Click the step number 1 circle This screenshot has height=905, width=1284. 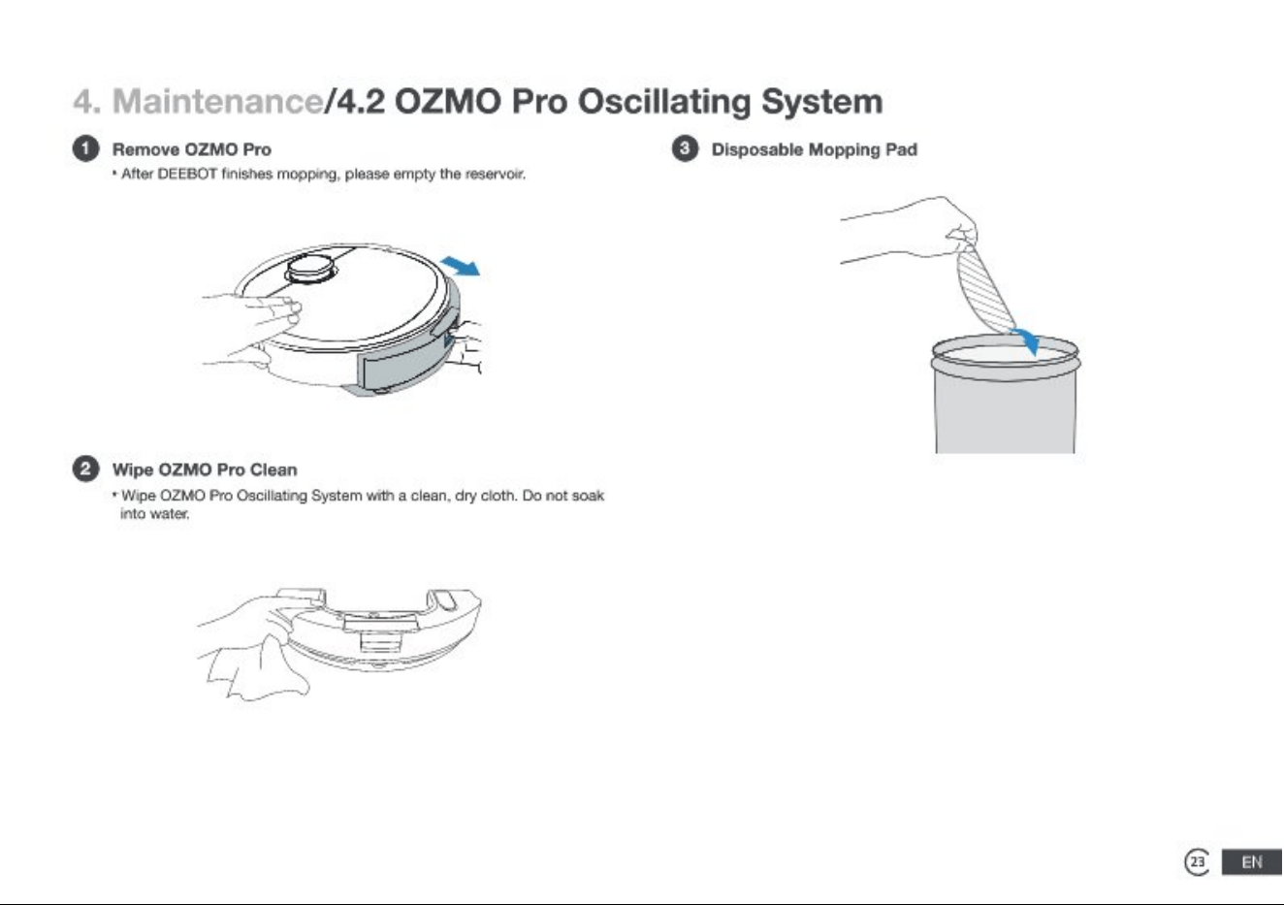[x=86, y=149]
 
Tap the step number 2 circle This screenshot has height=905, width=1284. [x=86, y=469]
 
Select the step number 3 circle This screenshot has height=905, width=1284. [x=685, y=149]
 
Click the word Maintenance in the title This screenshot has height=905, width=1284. [x=218, y=102]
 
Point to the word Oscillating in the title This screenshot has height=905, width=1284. [x=663, y=102]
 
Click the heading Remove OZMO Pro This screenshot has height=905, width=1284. [x=192, y=149]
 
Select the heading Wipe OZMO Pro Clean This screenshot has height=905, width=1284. [x=205, y=469]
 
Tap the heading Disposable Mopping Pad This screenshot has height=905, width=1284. [x=815, y=149]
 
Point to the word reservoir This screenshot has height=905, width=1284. [x=495, y=174]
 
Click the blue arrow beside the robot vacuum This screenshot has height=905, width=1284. [x=461, y=267]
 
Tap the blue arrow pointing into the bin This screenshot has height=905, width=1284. [x=1028, y=341]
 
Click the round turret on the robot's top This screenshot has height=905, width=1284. [x=310, y=269]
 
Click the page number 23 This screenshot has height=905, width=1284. [x=1198, y=862]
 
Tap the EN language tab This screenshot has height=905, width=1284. [x=1252, y=862]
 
